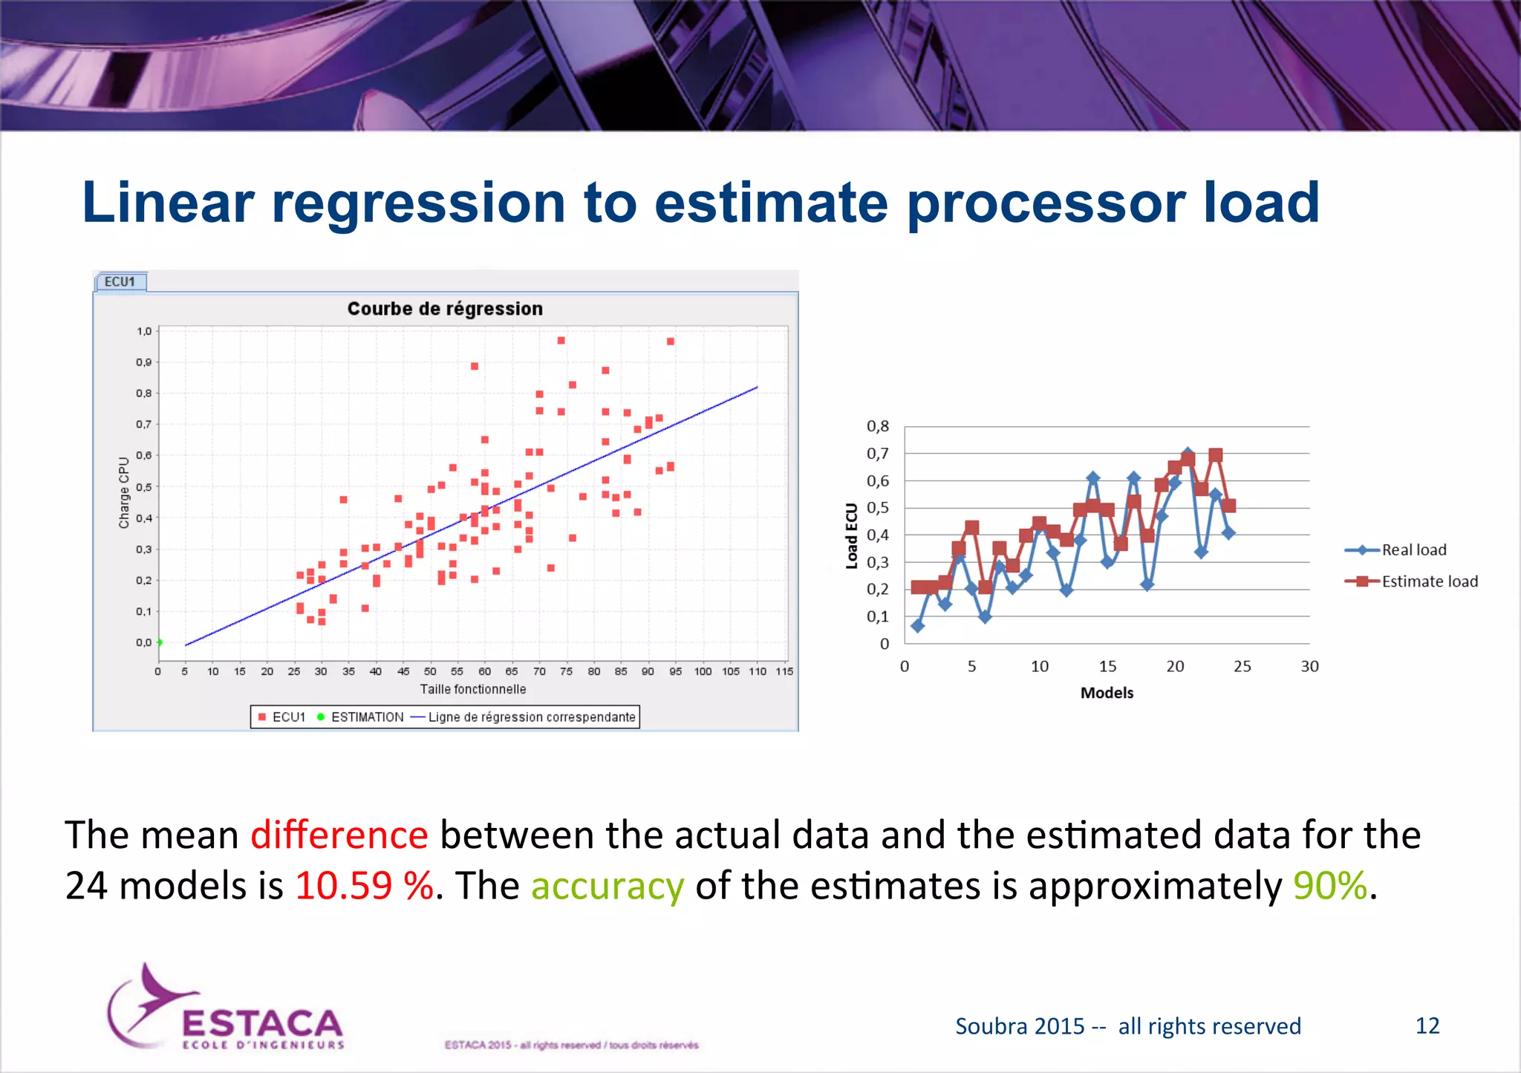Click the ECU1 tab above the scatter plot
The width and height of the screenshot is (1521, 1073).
click(x=120, y=281)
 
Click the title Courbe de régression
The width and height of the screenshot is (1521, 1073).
click(x=445, y=309)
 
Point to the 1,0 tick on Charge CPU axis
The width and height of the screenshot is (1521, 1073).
click(x=144, y=331)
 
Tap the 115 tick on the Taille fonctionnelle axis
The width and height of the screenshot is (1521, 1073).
click(x=784, y=671)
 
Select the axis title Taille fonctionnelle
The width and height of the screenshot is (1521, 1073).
click(x=473, y=689)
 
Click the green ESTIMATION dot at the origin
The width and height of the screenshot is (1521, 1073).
click(x=160, y=642)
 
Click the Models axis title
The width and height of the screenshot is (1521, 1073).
click(x=1107, y=693)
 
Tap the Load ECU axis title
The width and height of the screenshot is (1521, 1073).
click(x=852, y=535)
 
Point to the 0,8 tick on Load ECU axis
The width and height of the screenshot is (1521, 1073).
click(x=878, y=426)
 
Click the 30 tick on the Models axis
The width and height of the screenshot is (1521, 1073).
click(x=1309, y=667)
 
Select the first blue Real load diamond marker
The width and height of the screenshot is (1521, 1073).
click(x=918, y=626)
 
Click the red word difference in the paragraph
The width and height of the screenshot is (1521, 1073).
click(x=339, y=835)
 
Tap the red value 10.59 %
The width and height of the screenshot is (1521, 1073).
click(x=364, y=885)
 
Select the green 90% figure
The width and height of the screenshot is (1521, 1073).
click(x=1329, y=885)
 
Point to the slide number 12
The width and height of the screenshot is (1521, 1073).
click(x=1427, y=1025)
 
